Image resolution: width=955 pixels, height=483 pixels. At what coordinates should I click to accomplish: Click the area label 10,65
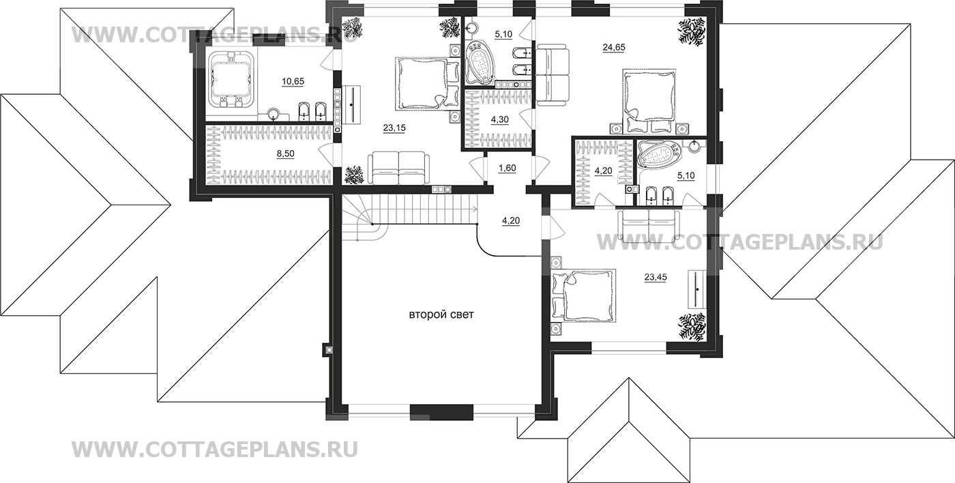point(293,81)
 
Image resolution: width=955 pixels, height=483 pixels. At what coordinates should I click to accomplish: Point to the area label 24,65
point(614,47)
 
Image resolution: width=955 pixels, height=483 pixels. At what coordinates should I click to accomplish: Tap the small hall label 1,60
point(508,168)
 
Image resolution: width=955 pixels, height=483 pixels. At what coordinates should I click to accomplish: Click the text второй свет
point(441,315)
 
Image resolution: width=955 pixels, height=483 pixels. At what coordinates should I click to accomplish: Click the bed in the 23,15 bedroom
point(423,83)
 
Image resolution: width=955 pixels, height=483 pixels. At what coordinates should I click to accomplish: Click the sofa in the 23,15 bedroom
point(398,168)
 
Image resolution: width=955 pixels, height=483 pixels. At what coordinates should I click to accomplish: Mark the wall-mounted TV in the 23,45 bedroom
point(696,289)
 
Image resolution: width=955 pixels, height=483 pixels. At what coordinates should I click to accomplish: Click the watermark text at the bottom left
point(214,449)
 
